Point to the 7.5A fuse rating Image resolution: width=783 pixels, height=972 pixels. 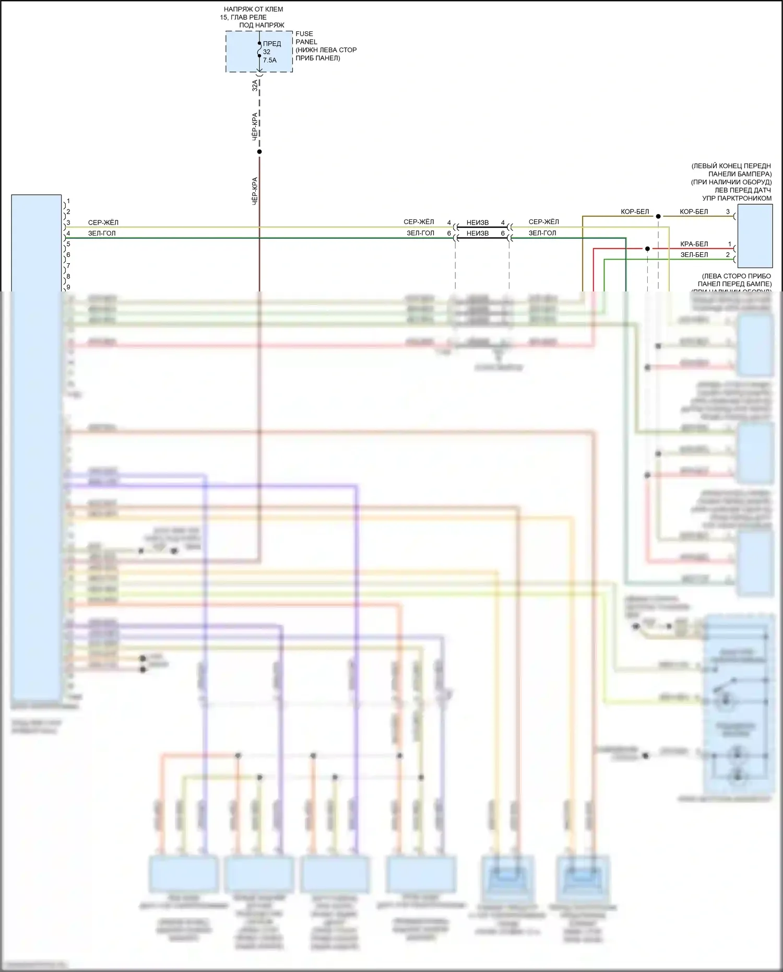[x=270, y=61]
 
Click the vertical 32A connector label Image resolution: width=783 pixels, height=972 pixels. [x=255, y=85]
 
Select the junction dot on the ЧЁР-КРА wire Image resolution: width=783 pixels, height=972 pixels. [x=259, y=152]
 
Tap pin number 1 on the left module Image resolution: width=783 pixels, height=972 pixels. [x=68, y=201]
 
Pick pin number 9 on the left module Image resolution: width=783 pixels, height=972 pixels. [x=68, y=287]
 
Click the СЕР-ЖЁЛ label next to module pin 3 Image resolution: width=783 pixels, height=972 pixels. [x=103, y=222]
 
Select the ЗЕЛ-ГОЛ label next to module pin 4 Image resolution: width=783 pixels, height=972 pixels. [x=102, y=233]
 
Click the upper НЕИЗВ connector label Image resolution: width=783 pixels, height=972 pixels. [x=478, y=223]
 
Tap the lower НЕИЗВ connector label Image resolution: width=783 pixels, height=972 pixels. [x=478, y=233]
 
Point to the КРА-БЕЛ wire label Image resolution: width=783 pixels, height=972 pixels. [x=694, y=244]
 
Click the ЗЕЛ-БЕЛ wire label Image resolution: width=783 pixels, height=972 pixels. [x=694, y=255]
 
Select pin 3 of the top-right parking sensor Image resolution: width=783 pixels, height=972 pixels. [x=728, y=212]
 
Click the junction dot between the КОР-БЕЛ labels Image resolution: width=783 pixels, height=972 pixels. [x=658, y=216]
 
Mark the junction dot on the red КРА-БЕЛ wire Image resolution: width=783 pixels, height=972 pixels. [x=647, y=249]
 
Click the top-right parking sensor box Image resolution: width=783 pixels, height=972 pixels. [x=755, y=236]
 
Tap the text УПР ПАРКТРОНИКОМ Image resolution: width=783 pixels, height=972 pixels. [x=737, y=198]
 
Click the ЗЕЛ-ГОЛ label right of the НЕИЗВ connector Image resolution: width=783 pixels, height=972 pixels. [x=542, y=233]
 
